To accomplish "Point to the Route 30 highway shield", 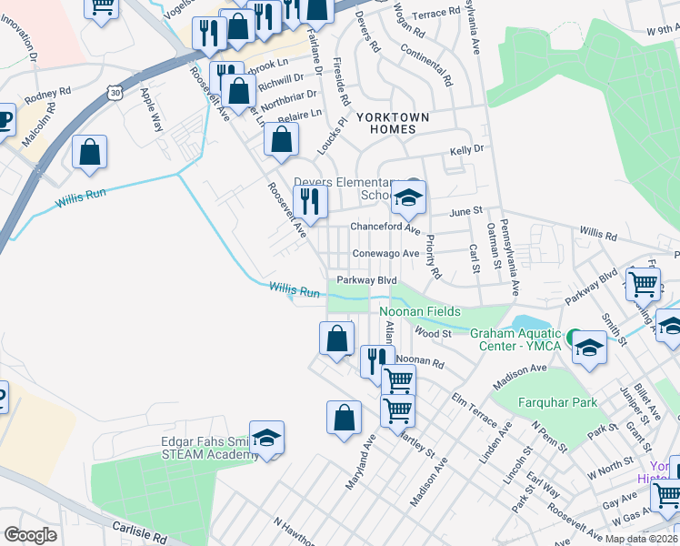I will [114, 92].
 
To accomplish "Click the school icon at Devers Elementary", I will [409, 197].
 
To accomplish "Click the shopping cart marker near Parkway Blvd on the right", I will [643, 283].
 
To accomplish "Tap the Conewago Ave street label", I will [385, 253].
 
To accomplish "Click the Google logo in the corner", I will [30, 535].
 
